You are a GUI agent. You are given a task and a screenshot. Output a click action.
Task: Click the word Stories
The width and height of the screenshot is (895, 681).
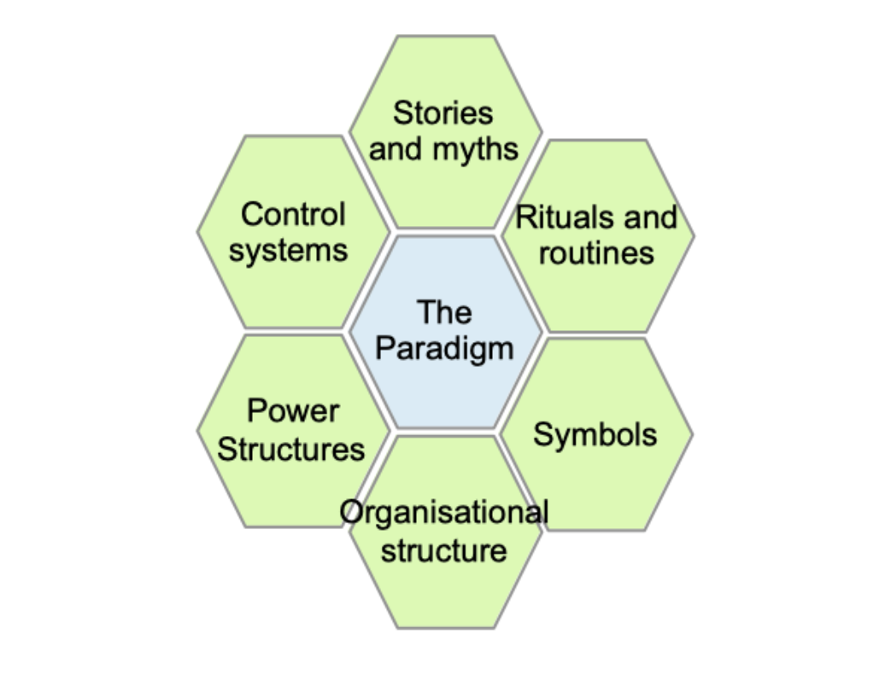(x=442, y=113)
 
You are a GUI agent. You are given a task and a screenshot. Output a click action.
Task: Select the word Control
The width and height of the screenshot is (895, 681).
(x=293, y=214)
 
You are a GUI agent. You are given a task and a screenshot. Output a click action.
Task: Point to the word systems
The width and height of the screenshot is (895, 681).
(x=289, y=251)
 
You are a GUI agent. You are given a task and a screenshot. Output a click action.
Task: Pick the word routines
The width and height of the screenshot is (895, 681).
(x=596, y=253)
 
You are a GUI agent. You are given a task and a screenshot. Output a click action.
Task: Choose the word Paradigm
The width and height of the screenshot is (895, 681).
(x=445, y=349)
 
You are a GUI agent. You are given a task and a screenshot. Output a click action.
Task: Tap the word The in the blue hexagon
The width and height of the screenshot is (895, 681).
(x=444, y=312)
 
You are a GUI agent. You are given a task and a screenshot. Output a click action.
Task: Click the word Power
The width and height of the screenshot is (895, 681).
(x=293, y=411)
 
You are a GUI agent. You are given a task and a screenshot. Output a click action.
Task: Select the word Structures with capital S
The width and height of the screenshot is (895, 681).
(x=291, y=449)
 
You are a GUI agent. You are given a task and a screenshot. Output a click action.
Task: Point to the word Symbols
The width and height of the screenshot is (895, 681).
(x=595, y=434)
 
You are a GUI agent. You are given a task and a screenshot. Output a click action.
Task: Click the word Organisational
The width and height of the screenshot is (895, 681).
(x=444, y=512)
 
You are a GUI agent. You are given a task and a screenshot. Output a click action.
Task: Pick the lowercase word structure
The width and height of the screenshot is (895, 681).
(x=443, y=550)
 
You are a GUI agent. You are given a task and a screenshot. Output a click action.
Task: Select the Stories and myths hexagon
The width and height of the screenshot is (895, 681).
(x=445, y=188)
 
